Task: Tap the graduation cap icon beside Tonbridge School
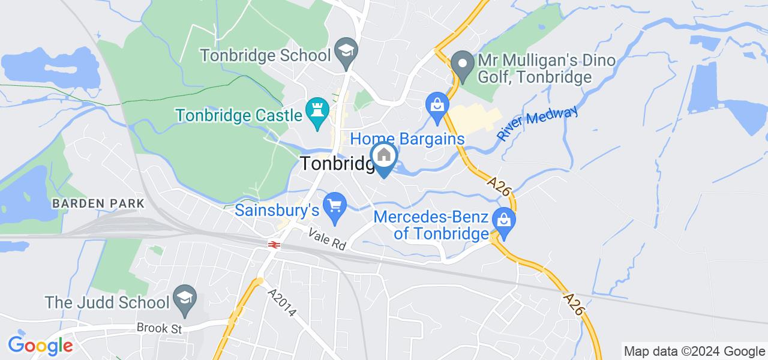346,49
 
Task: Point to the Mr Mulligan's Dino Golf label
535,69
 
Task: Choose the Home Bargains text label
407,139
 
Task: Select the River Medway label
537,123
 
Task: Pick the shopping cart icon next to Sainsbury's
334,206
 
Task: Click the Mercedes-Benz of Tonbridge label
431,224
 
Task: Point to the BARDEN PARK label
98,203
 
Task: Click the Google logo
40,345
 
